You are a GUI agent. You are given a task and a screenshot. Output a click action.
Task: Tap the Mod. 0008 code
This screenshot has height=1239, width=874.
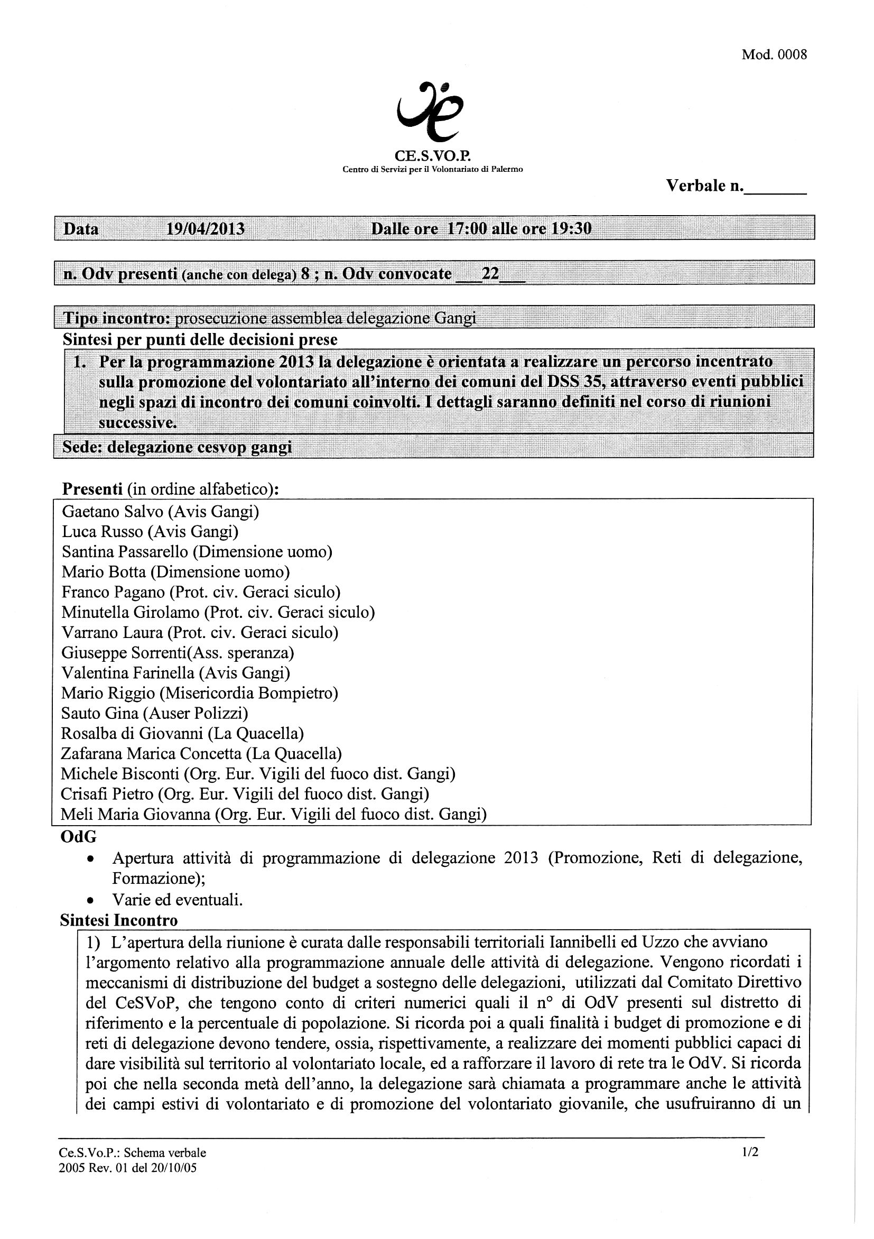pyautogui.click(x=774, y=55)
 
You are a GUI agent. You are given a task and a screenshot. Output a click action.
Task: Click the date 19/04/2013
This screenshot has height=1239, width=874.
pyautogui.click(x=205, y=229)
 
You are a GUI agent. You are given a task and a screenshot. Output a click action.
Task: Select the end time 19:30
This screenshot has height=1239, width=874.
pyautogui.click(x=570, y=229)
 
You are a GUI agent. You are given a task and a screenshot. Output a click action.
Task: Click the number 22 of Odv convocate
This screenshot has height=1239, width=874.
pyautogui.click(x=490, y=274)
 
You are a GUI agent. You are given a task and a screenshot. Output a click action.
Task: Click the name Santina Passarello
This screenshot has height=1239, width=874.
pyautogui.click(x=125, y=552)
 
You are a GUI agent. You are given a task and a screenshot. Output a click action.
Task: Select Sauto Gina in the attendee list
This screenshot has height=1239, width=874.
pyautogui.click(x=100, y=714)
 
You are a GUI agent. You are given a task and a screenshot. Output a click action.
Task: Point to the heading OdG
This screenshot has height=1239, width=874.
pyautogui.click(x=79, y=837)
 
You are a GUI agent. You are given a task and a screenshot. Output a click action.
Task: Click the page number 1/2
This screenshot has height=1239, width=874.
pyautogui.click(x=750, y=1152)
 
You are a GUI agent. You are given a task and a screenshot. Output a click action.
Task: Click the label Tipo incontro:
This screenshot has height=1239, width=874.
pyautogui.click(x=117, y=319)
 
